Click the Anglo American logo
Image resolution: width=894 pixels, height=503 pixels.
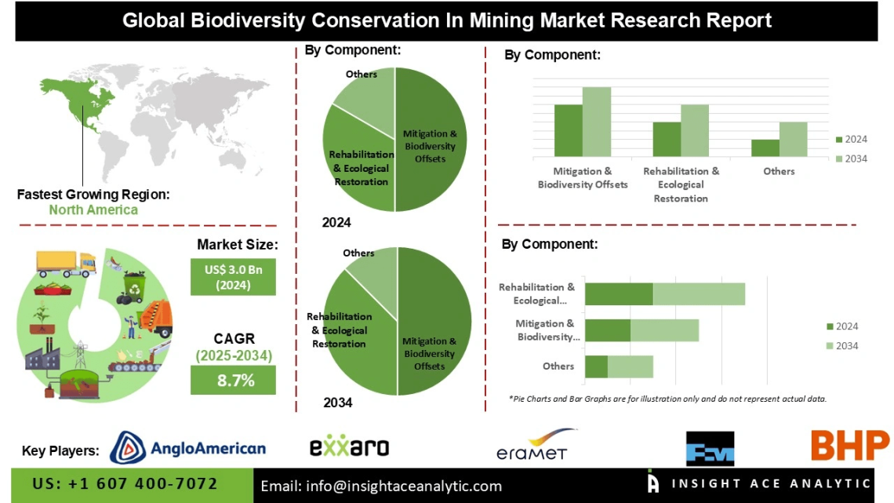click(x=188, y=448)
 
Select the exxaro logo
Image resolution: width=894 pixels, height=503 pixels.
click(x=349, y=447)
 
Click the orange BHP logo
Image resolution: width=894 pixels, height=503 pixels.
click(x=849, y=446)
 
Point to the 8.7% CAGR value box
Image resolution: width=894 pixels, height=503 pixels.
click(x=233, y=381)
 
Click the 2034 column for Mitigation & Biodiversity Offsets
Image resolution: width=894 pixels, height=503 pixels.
click(x=596, y=122)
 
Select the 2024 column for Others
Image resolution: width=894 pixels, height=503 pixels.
click(x=765, y=148)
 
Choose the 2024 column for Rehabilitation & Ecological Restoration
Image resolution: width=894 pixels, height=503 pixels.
click(x=667, y=140)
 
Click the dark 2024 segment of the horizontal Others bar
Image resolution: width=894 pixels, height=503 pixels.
click(x=596, y=366)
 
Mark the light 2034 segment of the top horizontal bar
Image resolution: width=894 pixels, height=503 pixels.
click(x=699, y=294)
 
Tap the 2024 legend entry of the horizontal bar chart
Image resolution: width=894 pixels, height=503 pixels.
click(x=841, y=326)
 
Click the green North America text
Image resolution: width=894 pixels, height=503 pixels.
click(x=93, y=210)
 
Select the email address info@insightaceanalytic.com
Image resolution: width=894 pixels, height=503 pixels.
click(x=380, y=487)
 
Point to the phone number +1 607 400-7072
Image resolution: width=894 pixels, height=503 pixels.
click(x=125, y=483)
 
